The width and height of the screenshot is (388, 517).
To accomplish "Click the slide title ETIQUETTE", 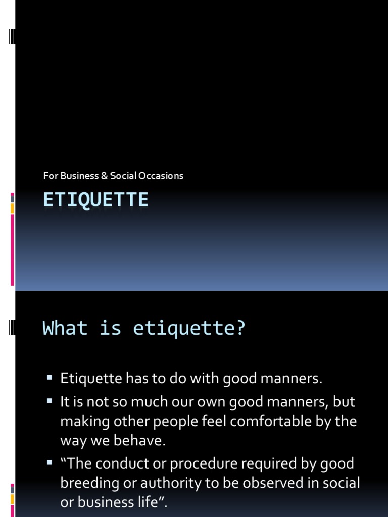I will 95,200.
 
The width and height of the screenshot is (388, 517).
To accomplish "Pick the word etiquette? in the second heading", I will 189,328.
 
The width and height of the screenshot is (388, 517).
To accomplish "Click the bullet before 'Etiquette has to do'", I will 50,377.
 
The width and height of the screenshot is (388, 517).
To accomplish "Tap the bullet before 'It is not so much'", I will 50,401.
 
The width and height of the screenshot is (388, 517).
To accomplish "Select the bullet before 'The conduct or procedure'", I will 50,462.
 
